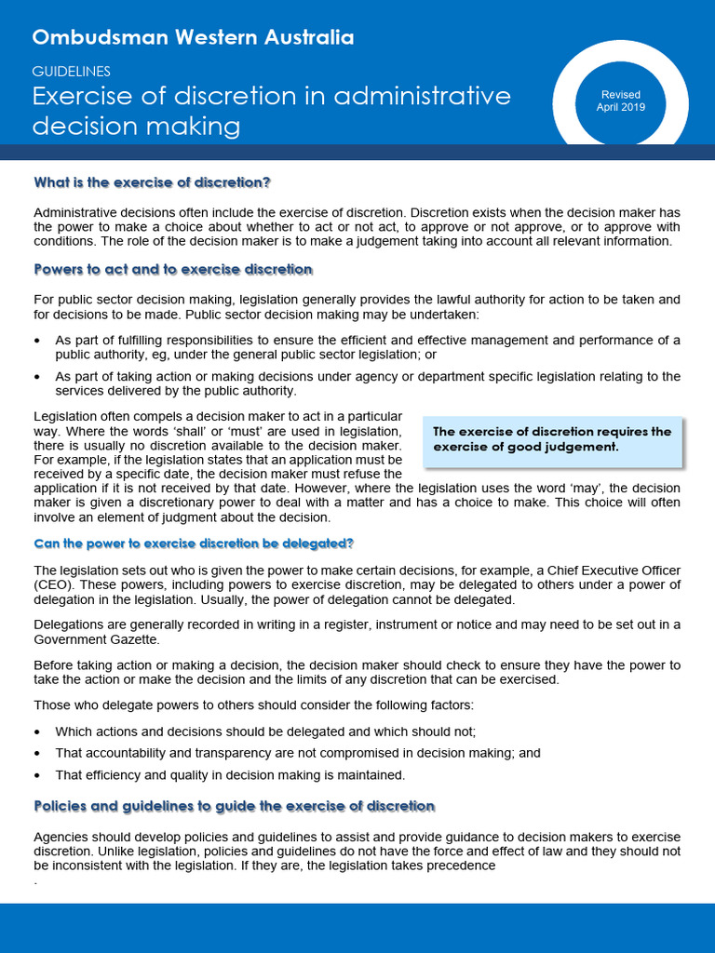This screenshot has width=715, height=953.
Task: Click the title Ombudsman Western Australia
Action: (193, 38)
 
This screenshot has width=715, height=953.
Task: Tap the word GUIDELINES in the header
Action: (72, 71)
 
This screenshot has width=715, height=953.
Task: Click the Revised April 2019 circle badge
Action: (620, 101)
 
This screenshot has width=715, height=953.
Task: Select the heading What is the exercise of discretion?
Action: (152, 181)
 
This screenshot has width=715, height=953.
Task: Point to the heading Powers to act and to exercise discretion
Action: (173, 270)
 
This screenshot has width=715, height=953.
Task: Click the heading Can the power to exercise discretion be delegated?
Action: (194, 544)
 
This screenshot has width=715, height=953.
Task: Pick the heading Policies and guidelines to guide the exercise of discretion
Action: (234, 806)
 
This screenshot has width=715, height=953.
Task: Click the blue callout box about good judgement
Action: (552, 439)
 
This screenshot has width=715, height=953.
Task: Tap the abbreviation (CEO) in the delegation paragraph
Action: (51, 584)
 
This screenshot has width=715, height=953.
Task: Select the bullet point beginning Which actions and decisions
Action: (265, 732)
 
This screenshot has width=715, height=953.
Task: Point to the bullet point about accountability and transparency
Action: (298, 753)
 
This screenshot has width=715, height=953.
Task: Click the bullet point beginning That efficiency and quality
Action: (230, 774)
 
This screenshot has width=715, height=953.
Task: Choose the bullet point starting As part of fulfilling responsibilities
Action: (368, 347)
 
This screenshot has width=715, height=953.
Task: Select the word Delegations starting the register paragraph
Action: (66, 624)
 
